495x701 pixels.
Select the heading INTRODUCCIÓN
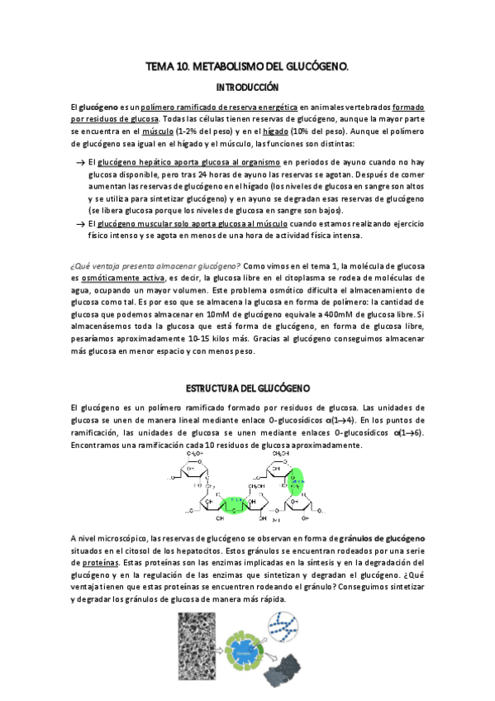247,87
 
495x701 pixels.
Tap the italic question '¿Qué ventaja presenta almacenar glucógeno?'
156,265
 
